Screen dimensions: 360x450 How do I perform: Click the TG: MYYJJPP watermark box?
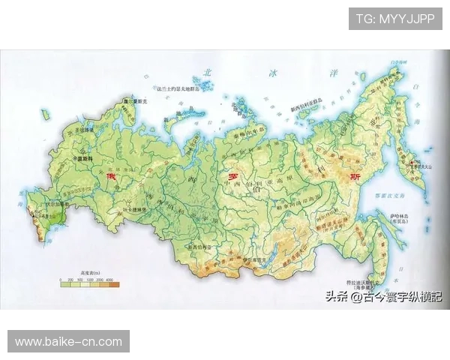click(x=395, y=19)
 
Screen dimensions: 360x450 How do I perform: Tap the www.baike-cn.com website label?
click(x=68, y=341)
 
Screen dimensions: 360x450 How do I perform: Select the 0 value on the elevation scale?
click(x=61, y=280)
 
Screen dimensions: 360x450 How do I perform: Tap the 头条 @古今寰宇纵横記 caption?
click(x=383, y=297)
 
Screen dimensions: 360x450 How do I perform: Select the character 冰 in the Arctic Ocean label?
click(x=272, y=73)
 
